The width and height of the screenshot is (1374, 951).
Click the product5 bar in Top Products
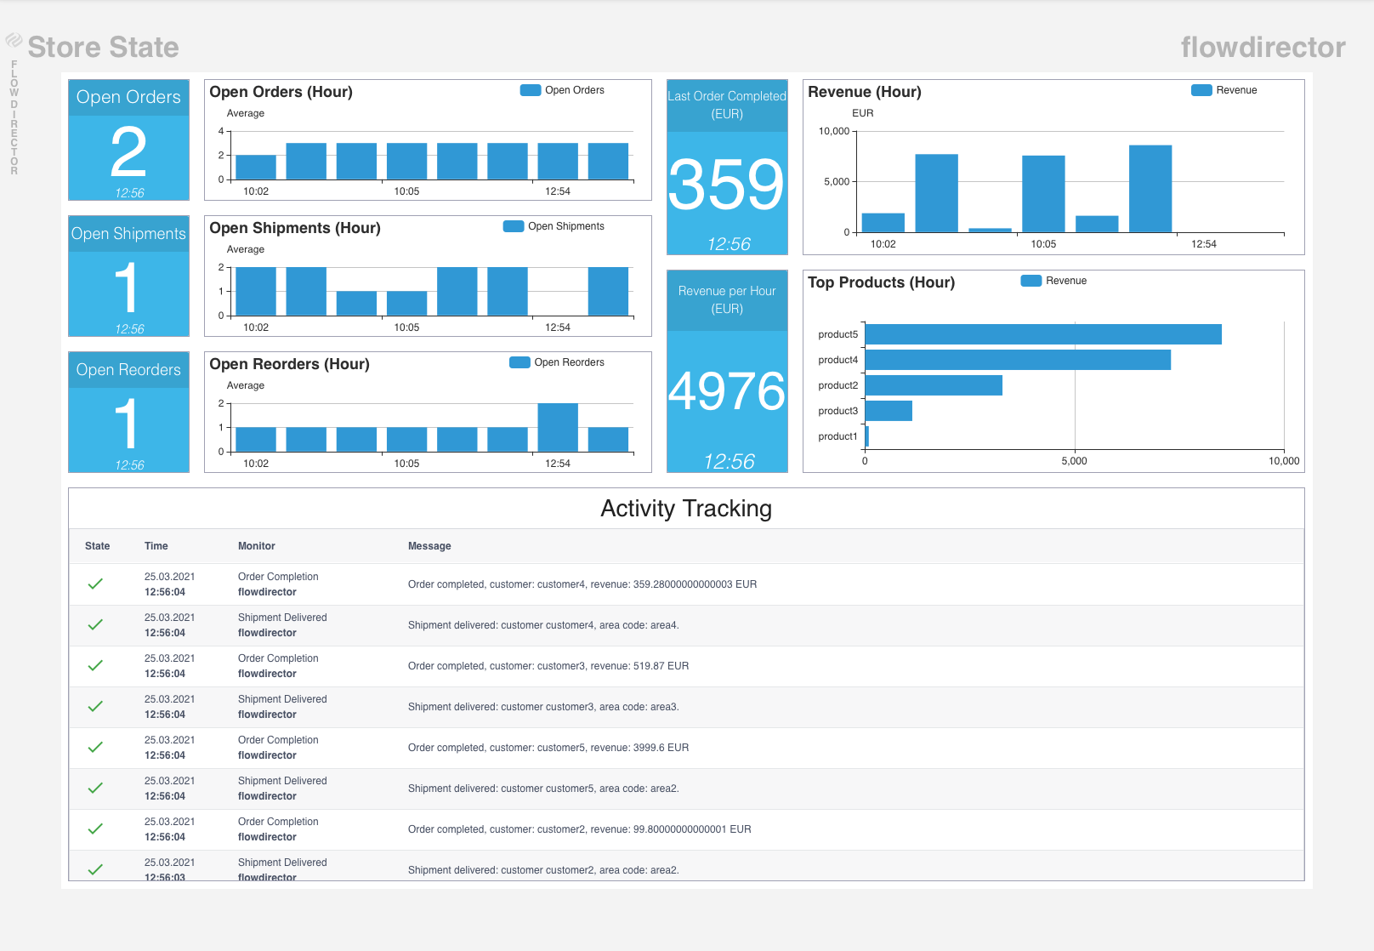click(x=1042, y=334)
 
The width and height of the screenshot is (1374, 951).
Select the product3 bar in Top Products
click(x=889, y=411)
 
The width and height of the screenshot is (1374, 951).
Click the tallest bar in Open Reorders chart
click(x=558, y=426)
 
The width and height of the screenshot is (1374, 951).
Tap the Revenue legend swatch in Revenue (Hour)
click(x=1201, y=90)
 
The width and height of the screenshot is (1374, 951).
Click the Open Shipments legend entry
click(x=554, y=226)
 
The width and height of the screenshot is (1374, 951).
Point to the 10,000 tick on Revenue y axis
click(x=833, y=131)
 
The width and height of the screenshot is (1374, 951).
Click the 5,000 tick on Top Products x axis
click(x=1074, y=461)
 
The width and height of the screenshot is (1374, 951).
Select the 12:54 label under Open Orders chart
click(x=558, y=191)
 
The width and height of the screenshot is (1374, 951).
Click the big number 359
click(x=726, y=185)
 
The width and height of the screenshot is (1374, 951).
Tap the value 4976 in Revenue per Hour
click(x=727, y=391)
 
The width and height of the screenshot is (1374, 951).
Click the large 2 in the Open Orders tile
click(x=128, y=152)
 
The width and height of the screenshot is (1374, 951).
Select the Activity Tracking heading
click(x=686, y=509)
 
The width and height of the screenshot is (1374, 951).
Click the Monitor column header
click(x=257, y=546)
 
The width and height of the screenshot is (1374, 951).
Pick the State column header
click(x=97, y=546)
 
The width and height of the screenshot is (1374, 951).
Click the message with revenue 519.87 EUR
click(x=548, y=666)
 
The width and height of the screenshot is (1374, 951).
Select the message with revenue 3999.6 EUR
click(x=548, y=748)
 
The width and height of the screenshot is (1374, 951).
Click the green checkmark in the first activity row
click(x=95, y=584)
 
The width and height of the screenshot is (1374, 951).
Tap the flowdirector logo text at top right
click(x=1263, y=48)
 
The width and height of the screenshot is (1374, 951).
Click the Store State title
click(x=103, y=48)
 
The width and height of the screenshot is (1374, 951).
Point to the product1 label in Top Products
click(x=837, y=436)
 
